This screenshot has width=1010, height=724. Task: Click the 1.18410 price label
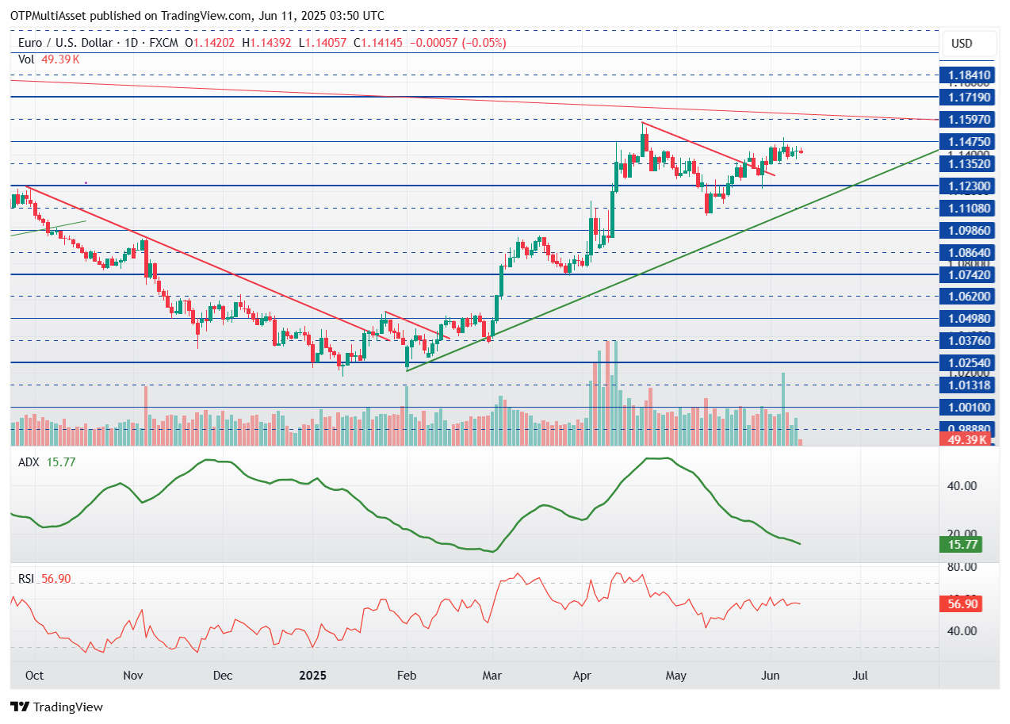[965, 75]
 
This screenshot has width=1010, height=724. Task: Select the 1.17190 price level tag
[965, 97]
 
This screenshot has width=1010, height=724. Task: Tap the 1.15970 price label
[965, 119]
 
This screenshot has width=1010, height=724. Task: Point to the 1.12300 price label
[965, 186]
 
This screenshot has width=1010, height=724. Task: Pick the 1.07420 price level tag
[965, 274]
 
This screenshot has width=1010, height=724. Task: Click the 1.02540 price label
[965, 362]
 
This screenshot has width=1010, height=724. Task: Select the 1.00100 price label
[965, 407]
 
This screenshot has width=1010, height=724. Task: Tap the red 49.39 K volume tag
[965, 439]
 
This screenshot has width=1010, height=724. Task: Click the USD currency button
[961, 44]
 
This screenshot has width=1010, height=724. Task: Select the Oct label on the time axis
[34, 676]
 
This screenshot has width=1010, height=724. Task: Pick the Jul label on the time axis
[859, 676]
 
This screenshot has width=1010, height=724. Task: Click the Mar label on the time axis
[493, 676]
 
